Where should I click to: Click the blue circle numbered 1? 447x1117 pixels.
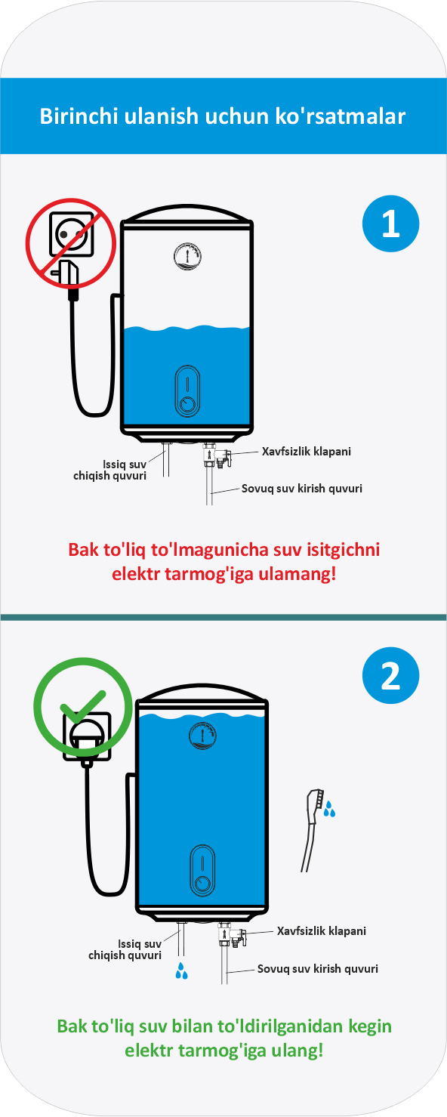[390, 224]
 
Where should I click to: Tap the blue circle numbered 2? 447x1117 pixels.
[390, 675]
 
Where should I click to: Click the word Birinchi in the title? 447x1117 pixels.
[79, 116]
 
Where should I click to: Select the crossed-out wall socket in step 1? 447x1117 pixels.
[71, 233]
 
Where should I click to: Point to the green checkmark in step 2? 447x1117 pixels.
[83, 707]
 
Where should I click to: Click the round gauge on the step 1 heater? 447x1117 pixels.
[187, 256]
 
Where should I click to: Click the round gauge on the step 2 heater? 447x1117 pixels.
[203, 736]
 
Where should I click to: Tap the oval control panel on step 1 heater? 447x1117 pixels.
[187, 391]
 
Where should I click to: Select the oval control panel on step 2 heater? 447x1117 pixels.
[202, 870]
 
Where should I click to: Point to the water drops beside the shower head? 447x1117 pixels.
[329, 809]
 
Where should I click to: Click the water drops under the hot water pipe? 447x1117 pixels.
[181, 971]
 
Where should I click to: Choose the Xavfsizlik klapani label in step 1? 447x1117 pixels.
[307, 452]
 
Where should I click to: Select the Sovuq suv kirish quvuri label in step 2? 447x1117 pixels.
[317, 969]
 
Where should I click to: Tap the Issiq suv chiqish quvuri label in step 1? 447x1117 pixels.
[110, 471]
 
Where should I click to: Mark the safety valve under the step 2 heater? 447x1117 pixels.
[233, 935]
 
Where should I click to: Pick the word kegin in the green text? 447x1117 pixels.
[369, 1026]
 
